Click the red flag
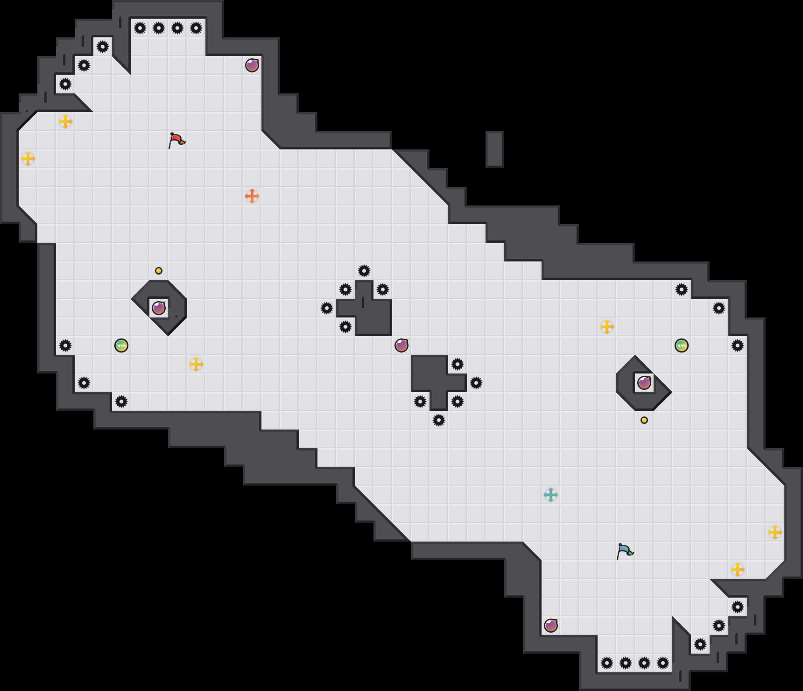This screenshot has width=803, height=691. (176, 140)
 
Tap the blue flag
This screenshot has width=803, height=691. (625, 551)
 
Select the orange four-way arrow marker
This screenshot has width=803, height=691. (252, 196)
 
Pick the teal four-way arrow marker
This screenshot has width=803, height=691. (551, 495)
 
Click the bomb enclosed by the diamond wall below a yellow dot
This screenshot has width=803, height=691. (159, 308)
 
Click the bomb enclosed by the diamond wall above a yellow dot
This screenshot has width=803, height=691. (644, 383)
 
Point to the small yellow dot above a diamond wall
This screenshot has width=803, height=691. (159, 271)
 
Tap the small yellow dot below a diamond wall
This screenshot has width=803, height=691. (644, 420)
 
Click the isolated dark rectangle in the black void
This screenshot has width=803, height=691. (494, 149)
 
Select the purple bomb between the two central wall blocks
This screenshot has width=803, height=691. (401, 345)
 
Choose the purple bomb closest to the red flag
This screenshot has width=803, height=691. (252, 65)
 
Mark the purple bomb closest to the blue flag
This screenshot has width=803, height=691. (551, 626)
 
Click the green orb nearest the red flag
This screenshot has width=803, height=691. (121, 345)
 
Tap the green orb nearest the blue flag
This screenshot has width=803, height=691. (682, 345)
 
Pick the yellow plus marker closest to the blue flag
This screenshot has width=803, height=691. (738, 570)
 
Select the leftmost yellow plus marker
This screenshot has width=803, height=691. (28, 159)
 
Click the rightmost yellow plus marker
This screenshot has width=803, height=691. (775, 532)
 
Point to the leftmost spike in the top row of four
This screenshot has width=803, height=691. (140, 28)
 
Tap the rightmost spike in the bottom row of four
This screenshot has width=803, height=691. (663, 663)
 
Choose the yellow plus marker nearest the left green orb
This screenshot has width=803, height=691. (196, 364)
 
